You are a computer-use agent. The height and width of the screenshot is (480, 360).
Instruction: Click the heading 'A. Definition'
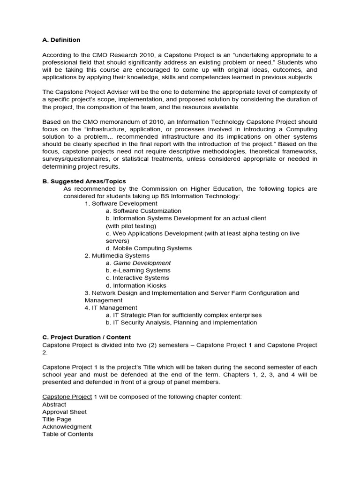tap(61, 40)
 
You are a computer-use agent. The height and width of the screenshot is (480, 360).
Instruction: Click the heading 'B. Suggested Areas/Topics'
tap(84, 181)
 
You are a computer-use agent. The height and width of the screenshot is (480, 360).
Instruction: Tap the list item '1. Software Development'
tap(121, 203)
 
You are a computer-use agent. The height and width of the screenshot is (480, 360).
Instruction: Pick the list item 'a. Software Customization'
tap(143, 211)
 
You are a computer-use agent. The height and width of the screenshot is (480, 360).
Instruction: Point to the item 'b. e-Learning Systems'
tap(138, 270)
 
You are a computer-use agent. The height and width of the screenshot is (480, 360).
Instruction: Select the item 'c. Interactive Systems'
tap(137, 278)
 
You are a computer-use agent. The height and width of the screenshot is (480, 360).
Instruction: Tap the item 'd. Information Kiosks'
tap(136, 285)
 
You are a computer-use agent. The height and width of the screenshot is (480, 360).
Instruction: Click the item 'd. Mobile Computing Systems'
tap(149, 248)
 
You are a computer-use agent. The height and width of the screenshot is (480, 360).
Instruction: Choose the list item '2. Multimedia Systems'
tap(117, 255)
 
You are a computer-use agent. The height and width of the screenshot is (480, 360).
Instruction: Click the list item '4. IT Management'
tap(111, 308)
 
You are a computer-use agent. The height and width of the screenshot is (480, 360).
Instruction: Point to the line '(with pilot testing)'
tap(131, 226)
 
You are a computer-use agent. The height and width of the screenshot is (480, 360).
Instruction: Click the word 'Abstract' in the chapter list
tap(54, 404)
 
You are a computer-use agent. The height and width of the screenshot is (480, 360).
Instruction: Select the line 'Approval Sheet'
tap(64, 412)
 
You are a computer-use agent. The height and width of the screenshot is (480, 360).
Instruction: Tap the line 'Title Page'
tap(57, 419)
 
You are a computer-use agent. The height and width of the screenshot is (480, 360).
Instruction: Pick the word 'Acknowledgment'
tap(67, 427)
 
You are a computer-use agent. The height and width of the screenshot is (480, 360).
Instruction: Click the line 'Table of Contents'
tap(67, 434)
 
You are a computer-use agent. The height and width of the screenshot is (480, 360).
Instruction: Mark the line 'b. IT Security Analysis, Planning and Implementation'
tap(181, 322)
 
